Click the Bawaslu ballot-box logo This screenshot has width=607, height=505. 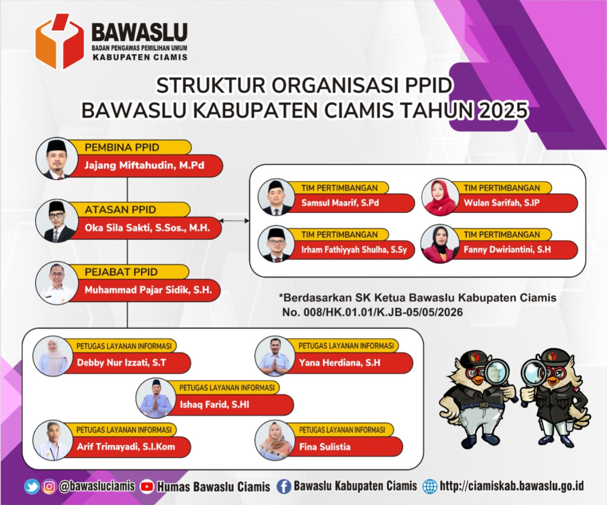point(60,41)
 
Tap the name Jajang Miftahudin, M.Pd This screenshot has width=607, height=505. point(144,165)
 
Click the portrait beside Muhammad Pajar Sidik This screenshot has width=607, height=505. point(57,283)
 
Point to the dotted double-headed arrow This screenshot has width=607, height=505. point(234,221)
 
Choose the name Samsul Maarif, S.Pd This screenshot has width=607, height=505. point(340,203)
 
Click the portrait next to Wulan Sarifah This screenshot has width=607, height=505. point(440,197)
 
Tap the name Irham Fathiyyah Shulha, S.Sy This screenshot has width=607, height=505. point(354,250)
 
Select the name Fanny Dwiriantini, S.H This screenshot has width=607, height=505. point(507,249)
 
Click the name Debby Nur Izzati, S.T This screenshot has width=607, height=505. point(122,363)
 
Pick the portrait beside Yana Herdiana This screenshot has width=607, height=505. point(275,356)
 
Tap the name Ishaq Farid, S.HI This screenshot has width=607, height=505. point(215,405)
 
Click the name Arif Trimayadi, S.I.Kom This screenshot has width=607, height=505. point(126,447)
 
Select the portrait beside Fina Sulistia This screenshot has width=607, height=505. point(275,440)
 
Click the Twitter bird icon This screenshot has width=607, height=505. point(32,486)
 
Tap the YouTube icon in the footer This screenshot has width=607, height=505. point(146,487)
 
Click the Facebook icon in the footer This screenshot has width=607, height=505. point(284,487)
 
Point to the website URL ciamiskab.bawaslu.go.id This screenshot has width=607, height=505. point(511,486)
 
